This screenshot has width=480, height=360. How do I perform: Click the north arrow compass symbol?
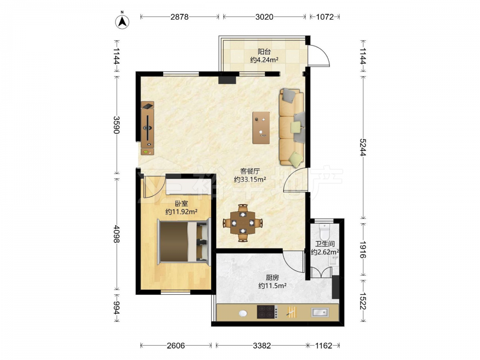tap(122, 21)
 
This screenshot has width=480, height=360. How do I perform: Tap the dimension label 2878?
tap(180, 16)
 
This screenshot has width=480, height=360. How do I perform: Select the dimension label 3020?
tap(264, 16)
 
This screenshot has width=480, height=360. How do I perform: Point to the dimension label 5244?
tap(363, 147)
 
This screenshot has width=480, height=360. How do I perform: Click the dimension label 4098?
tap(116, 234)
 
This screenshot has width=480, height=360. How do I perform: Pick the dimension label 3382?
tap(262, 346)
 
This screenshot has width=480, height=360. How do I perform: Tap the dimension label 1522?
tap(363, 300)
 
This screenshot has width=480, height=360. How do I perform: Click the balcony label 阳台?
tap(264, 51)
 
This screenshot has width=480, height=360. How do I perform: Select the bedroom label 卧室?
tap(181, 203)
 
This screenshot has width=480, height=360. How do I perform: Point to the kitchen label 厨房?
tap(272, 277)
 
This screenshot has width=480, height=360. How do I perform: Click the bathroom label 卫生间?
tap(325, 244)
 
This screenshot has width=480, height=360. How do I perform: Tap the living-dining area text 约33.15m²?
tap(250, 180)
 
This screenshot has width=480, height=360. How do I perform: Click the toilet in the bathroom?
tap(324, 232)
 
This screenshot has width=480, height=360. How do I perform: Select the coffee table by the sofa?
tap(261, 128)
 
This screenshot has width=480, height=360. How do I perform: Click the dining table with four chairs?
tap(243, 223)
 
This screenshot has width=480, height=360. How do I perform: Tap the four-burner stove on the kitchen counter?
tap(267, 312)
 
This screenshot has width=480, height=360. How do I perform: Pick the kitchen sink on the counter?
tap(320, 312)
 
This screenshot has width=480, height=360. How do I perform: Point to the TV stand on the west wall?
tap(147, 128)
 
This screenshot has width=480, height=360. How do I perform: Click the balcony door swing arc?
tap(323, 53)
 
